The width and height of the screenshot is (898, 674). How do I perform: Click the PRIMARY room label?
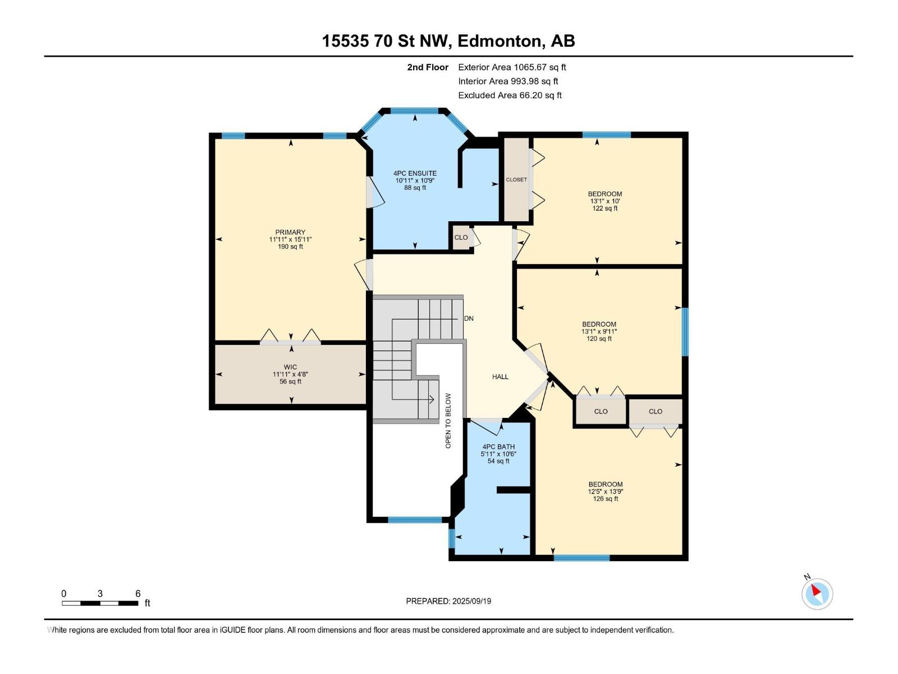coord(290,233)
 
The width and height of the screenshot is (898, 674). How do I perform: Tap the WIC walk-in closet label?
coord(290,367)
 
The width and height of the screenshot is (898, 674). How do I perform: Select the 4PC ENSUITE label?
coord(415,174)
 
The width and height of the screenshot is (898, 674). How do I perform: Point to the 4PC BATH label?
coord(498,447)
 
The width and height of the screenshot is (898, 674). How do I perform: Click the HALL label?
coord(500,377)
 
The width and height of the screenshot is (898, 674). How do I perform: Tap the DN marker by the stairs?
coord(469,318)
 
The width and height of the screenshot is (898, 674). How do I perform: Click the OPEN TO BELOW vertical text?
coord(448,421)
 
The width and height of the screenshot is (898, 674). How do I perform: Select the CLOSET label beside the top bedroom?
coord(516,180)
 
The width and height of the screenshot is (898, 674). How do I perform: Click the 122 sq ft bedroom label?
coord(605,208)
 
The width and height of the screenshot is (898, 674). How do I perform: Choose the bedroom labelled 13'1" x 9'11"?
coord(599,331)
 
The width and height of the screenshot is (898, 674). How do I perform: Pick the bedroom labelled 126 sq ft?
coord(605,499)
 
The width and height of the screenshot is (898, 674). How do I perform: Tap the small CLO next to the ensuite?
coord(461,238)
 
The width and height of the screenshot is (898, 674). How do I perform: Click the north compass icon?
coord(817,594)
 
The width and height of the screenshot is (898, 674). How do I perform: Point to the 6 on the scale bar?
coord(138,594)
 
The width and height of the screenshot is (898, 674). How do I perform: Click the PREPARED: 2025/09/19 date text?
coord(448,601)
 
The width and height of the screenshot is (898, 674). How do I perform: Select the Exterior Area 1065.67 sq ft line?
coord(512,67)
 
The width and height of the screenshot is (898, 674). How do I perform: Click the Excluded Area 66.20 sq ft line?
coord(510,95)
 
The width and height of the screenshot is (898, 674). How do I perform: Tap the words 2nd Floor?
coord(428,67)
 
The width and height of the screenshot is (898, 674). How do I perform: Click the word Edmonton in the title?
coord(500,41)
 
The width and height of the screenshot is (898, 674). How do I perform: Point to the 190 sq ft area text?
coord(290,247)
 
